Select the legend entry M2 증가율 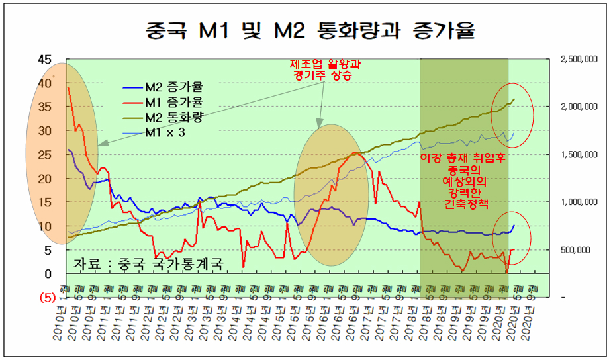click(x=173, y=87)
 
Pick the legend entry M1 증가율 click(x=173, y=102)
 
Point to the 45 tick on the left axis click(x=44, y=60)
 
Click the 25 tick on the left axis click(x=44, y=155)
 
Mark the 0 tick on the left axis click(x=47, y=274)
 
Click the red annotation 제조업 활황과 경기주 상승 click(x=322, y=70)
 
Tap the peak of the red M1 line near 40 click(x=69, y=87)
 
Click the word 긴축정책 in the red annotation click(x=465, y=204)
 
